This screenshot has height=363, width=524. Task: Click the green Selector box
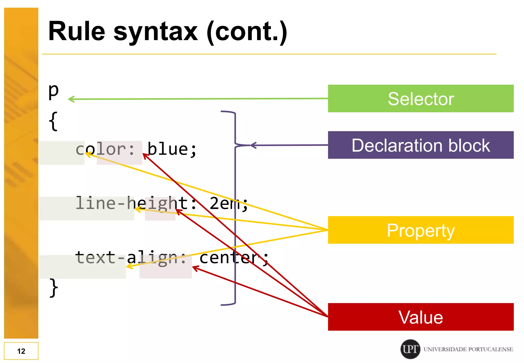click(421, 99)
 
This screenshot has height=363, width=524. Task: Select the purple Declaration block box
click(421, 145)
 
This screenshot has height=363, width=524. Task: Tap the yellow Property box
click(421, 230)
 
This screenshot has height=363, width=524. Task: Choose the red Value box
click(421, 317)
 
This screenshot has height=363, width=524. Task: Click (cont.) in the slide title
click(247, 32)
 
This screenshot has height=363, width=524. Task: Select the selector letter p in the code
click(53, 91)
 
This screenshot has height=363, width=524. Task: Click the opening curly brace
click(53, 121)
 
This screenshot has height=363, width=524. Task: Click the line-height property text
click(136, 204)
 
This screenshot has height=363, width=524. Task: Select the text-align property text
click(130, 258)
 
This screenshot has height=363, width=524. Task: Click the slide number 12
click(21, 351)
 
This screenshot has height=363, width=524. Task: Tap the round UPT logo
click(410, 349)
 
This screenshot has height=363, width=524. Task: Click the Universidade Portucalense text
click(468, 349)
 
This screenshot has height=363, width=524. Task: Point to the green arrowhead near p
click(71, 99)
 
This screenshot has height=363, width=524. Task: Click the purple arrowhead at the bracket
click(253, 145)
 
